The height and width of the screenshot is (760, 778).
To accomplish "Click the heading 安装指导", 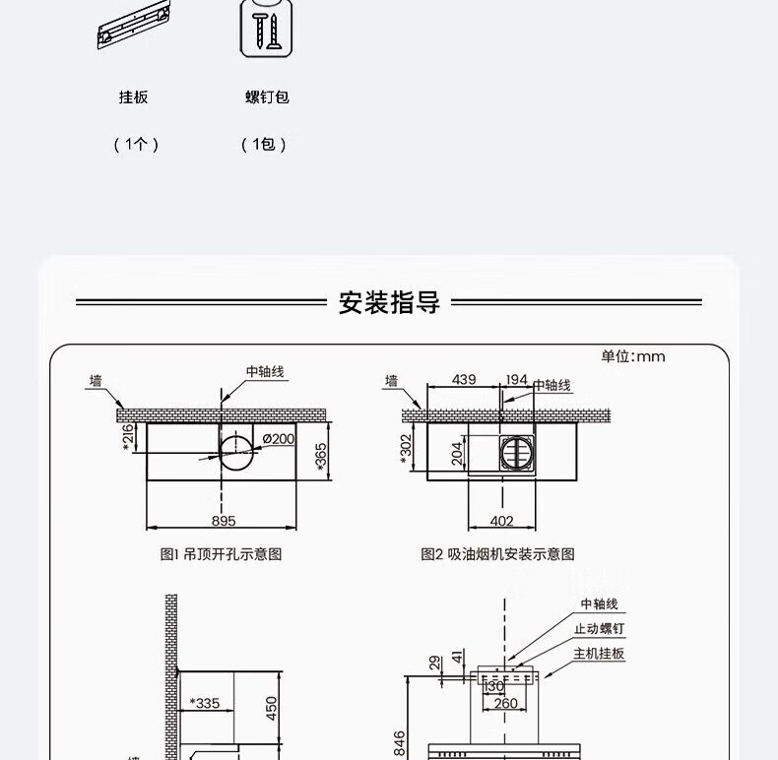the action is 389,302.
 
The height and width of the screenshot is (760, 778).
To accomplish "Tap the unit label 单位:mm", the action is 632,356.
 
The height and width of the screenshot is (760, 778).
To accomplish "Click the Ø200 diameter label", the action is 279,438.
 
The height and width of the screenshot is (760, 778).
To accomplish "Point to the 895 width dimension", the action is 224,521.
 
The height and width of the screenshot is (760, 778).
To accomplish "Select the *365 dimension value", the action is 321,457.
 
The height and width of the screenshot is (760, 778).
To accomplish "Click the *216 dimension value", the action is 127,437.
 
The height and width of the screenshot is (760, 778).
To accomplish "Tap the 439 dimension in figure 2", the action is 464,379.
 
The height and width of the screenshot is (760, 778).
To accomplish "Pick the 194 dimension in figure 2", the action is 516,379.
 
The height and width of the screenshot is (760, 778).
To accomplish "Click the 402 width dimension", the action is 501,521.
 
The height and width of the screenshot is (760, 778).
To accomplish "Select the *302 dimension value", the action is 406,449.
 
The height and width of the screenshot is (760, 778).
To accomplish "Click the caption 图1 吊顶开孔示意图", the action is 221,554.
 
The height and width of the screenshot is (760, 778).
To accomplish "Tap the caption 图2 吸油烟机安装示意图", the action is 497,554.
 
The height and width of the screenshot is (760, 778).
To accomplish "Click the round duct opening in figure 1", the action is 236,434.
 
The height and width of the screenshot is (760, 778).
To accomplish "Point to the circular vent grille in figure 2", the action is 517,453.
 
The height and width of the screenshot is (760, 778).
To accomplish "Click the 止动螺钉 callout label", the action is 599,628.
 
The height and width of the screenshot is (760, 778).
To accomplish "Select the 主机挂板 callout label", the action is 599,654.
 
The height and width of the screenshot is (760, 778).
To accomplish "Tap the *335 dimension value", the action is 205,703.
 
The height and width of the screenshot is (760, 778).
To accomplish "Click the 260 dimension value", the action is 505,703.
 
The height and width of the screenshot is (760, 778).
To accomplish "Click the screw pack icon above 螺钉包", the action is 267,29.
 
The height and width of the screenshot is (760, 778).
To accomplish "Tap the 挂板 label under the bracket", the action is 134,96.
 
